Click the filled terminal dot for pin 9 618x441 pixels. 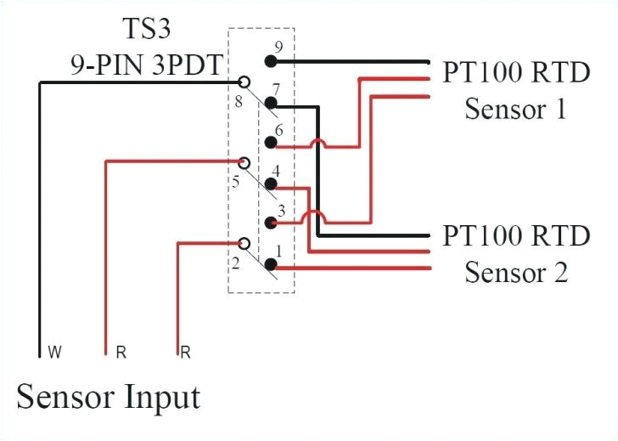pos(271,61)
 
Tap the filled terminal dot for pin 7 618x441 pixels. pos(271,105)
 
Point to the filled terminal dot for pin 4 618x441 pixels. pos(271,184)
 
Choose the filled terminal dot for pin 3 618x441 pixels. pos(271,223)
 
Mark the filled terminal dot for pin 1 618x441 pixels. pos(271,264)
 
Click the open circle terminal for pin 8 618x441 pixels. pos(244,82)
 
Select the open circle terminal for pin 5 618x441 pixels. pos(244,161)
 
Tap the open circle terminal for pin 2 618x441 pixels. pos(244,244)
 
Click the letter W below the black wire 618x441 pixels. pos(53,351)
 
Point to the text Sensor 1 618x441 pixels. pos(515,110)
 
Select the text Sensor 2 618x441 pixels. pos(515,273)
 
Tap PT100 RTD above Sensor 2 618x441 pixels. pos(516,236)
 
